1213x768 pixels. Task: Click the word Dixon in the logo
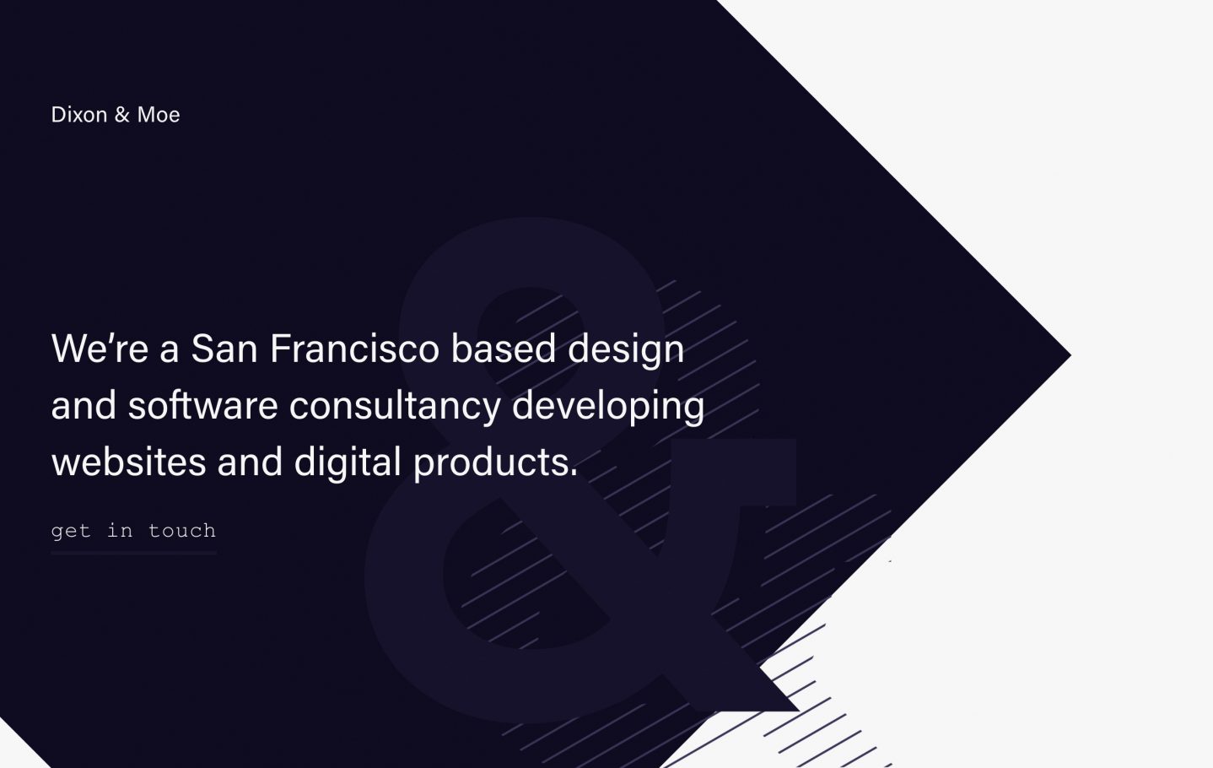click(78, 115)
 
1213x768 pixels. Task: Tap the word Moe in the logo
click(159, 115)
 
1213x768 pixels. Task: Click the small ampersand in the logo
click(122, 115)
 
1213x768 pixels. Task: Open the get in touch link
click(133, 531)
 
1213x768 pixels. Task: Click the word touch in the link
click(181, 531)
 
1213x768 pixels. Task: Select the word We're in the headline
click(100, 349)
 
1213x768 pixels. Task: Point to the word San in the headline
click(224, 349)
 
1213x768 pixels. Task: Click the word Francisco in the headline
click(354, 349)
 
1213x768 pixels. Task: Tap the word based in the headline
click(503, 349)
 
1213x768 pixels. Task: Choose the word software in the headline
click(202, 405)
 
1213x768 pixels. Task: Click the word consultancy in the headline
click(395, 405)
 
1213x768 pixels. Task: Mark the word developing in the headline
click(607, 407)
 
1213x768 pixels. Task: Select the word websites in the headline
click(128, 462)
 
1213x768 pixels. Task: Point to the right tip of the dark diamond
click(1067, 356)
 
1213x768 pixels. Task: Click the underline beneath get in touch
click(133, 552)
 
